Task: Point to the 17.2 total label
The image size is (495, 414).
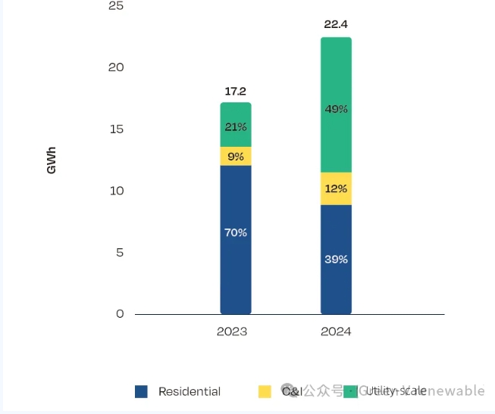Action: pos(236,92)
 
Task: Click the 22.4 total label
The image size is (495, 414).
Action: pos(336,24)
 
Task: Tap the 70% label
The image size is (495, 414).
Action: pos(236,232)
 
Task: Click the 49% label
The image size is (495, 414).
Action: pos(336,109)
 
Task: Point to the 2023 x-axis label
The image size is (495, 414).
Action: pos(232,332)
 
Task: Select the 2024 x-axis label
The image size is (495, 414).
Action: pos(336,332)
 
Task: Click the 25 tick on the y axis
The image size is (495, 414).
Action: pos(115,6)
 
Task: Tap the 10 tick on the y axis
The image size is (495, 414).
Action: pos(115,191)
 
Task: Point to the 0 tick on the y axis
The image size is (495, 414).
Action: pos(120,314)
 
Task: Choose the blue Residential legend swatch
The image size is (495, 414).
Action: pos(141,391)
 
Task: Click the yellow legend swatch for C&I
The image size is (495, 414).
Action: pos(265,391)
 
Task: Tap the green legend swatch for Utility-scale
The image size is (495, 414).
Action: pos(350,391)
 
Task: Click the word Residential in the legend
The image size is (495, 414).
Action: pos(190,391)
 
